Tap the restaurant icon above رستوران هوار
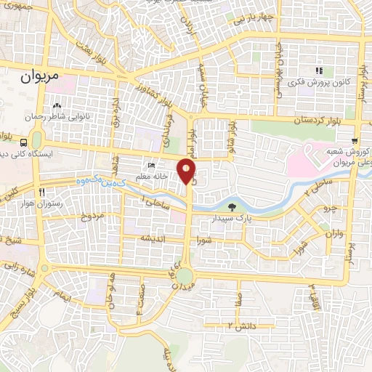point(42,192)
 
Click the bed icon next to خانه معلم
point(151,166)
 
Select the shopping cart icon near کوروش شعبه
point(354,142)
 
